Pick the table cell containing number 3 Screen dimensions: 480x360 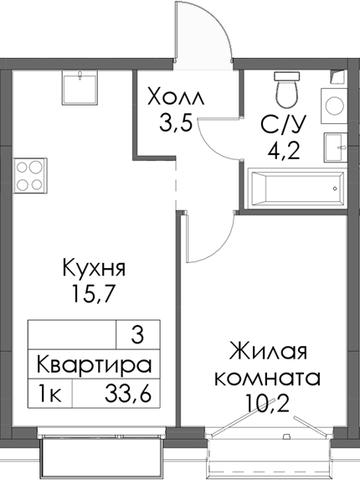click(x=137, y=336)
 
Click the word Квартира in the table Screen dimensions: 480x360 click(x=94, y=364)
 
